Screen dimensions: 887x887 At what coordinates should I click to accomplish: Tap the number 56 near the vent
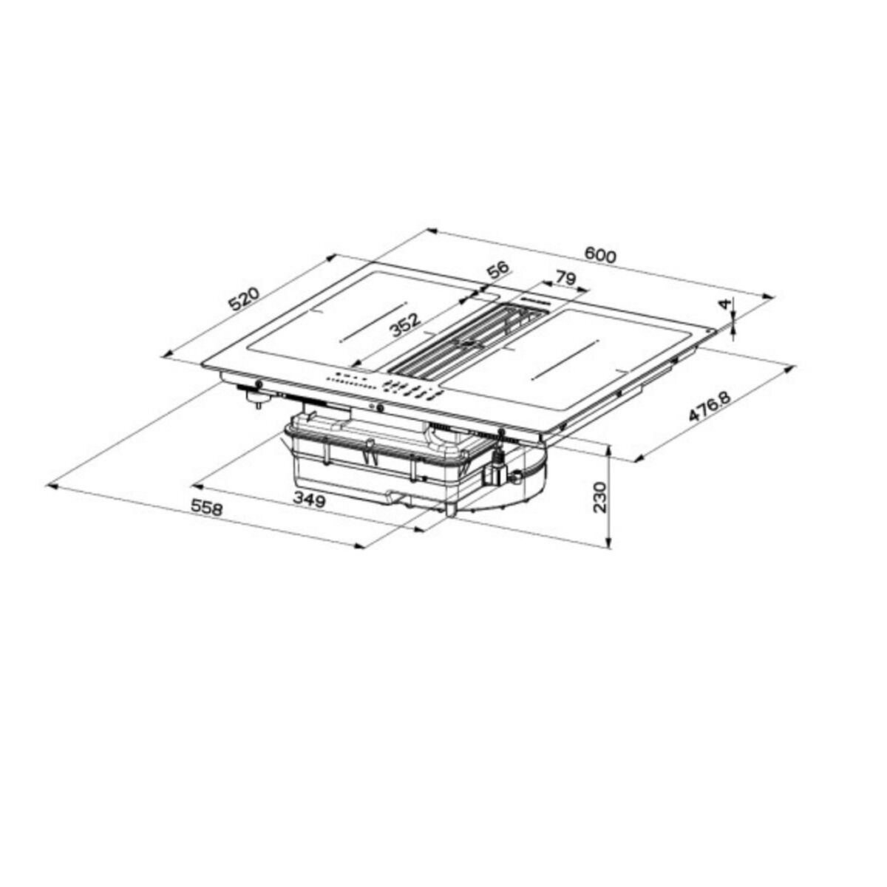(499, 270)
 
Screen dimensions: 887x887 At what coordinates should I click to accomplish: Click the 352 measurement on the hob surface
(405, 325)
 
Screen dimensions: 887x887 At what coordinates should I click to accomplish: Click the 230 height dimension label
(599, 497)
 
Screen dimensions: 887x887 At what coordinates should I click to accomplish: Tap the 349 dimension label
(309, 500)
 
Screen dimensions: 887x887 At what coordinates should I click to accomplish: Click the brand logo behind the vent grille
(531, 300)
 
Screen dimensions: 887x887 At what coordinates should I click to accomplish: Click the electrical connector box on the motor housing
(494, 469)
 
